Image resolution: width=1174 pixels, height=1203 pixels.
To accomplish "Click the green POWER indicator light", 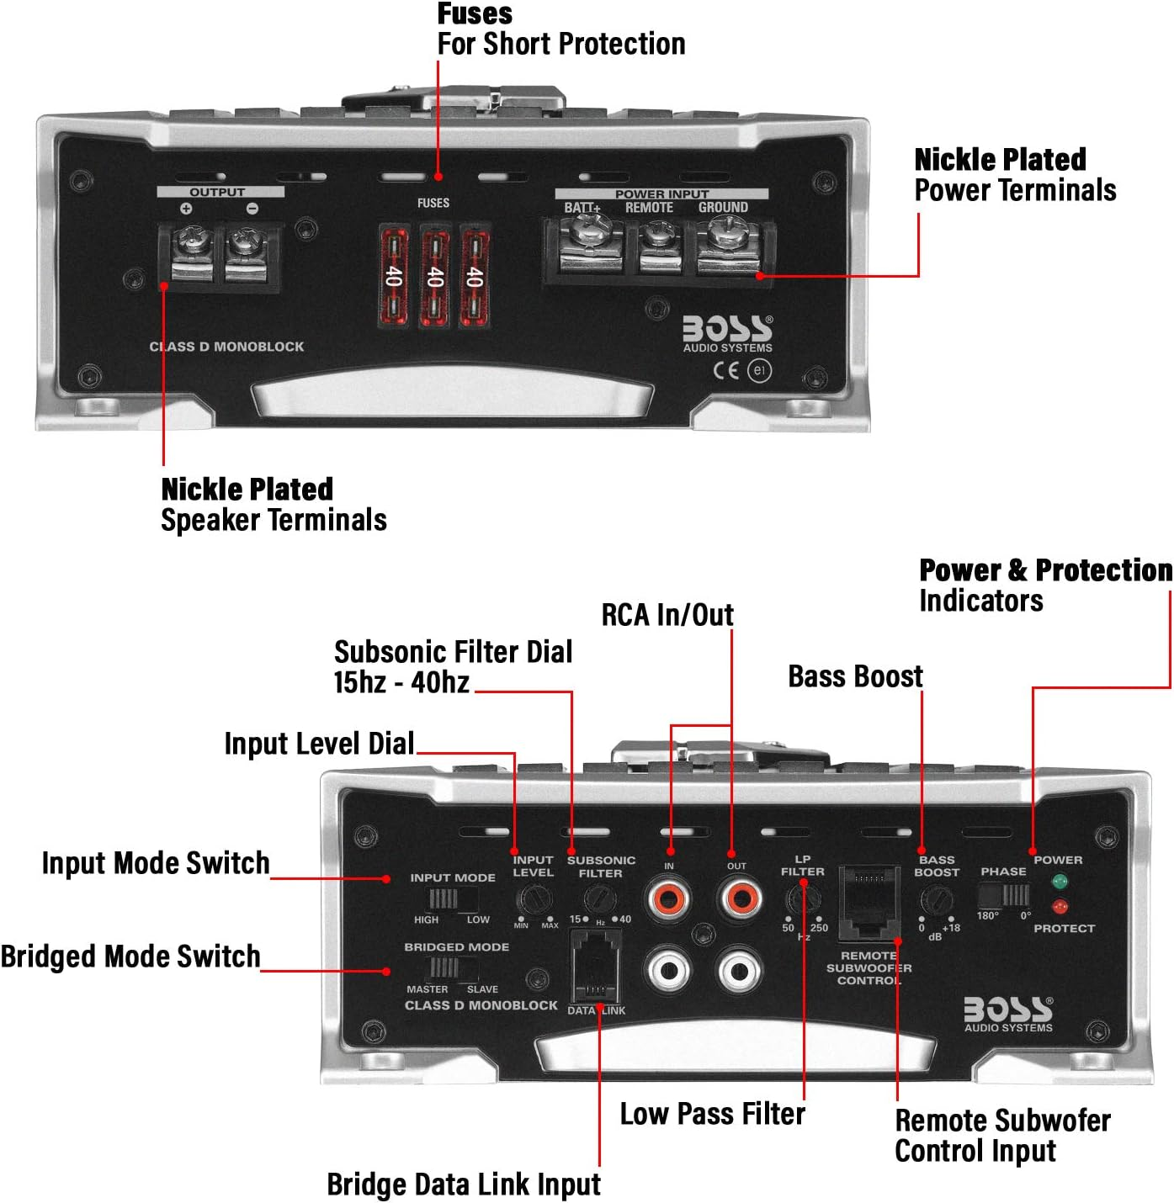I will pyautogui.click(x=1060, y=882).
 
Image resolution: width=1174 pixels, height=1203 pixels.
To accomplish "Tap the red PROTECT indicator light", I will pyautogui.click(x=1060, y=907).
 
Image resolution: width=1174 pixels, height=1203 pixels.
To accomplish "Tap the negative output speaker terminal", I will pyautogui.click(x=245, y=245).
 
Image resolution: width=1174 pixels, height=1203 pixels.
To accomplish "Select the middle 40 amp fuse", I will pyautogui.click(x=434, y=276).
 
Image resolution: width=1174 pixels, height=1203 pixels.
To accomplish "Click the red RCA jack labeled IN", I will pyautogui.click(x=670, y=898).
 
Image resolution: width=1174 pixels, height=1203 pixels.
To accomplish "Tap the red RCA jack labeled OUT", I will pyautogui.click(x=740, y=898).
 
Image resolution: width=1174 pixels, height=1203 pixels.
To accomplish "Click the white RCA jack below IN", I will pyautogui.click(x=670, y=971).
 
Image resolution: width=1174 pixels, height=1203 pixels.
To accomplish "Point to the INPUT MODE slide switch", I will pyautogui.click(x=444, y=898).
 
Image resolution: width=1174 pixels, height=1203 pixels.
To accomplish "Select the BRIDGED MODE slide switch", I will pyautogui.click(x=444, y=968).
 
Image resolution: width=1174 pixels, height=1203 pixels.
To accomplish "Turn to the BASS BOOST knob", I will pyautogui.click(x=936, y=902).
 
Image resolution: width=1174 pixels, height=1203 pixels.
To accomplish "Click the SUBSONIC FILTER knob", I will pyautogui.click(x=598, y=898).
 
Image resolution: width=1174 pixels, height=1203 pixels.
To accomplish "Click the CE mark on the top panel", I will pyautogui.click(x=725, y=370).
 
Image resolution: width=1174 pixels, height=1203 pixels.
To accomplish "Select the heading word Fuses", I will pyautogui.click(x=475, y=13).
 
